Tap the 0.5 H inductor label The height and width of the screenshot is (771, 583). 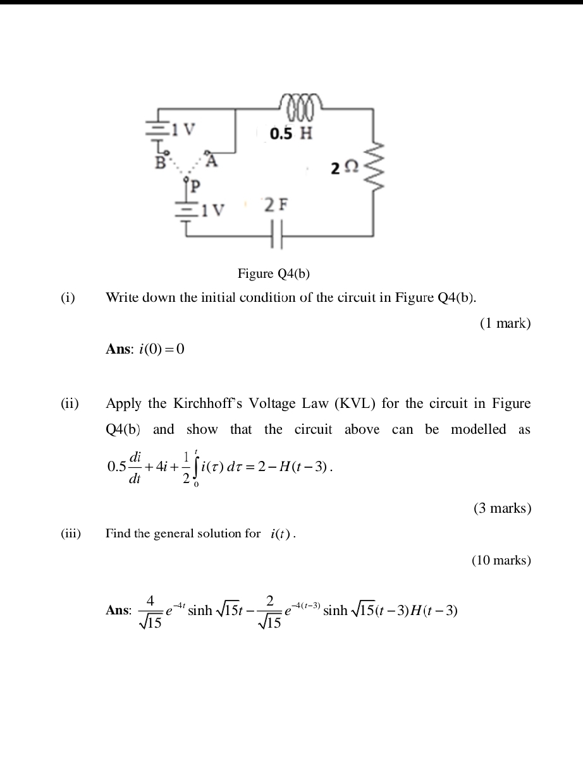point(290,133)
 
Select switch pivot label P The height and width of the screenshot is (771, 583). point(195,188)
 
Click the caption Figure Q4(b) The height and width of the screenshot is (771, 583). point(274,273)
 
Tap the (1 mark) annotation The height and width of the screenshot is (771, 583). point(505,323)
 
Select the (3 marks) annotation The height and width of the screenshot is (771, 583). point(502,508)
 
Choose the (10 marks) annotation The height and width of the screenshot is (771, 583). point(501,559)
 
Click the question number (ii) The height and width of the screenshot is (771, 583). point(70,403)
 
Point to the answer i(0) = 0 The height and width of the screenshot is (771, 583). point(161,349)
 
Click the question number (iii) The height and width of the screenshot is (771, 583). point(71,534)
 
